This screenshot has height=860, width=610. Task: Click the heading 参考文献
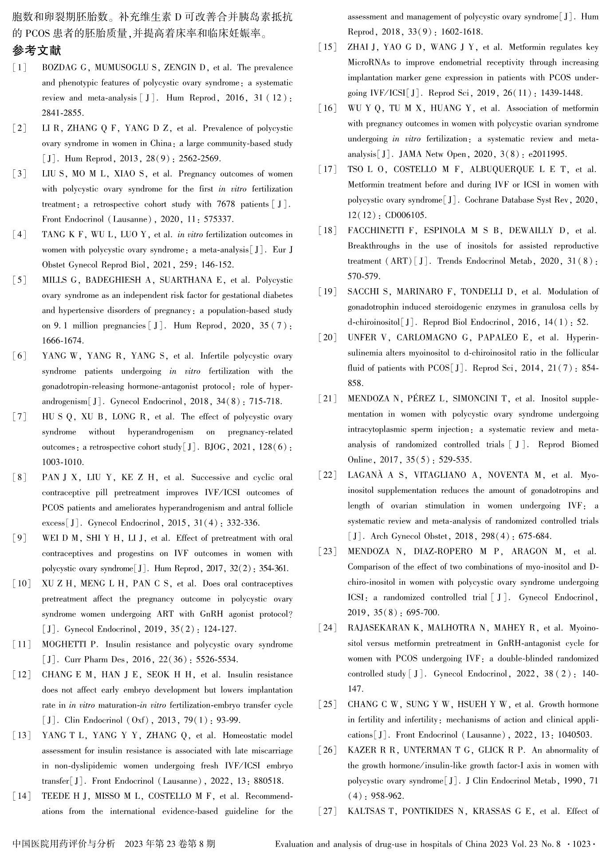pyautogui.click(x=37, y=51)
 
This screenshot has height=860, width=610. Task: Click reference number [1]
pyautogui.click(x=19, y=68)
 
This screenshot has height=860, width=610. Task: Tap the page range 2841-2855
pyautogui.click(x=63, y=113)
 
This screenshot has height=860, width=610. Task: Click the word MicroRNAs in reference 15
pyautogui.click(x=369, y=63)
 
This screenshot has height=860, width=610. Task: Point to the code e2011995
pyautogui.click(x=547, y=154)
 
